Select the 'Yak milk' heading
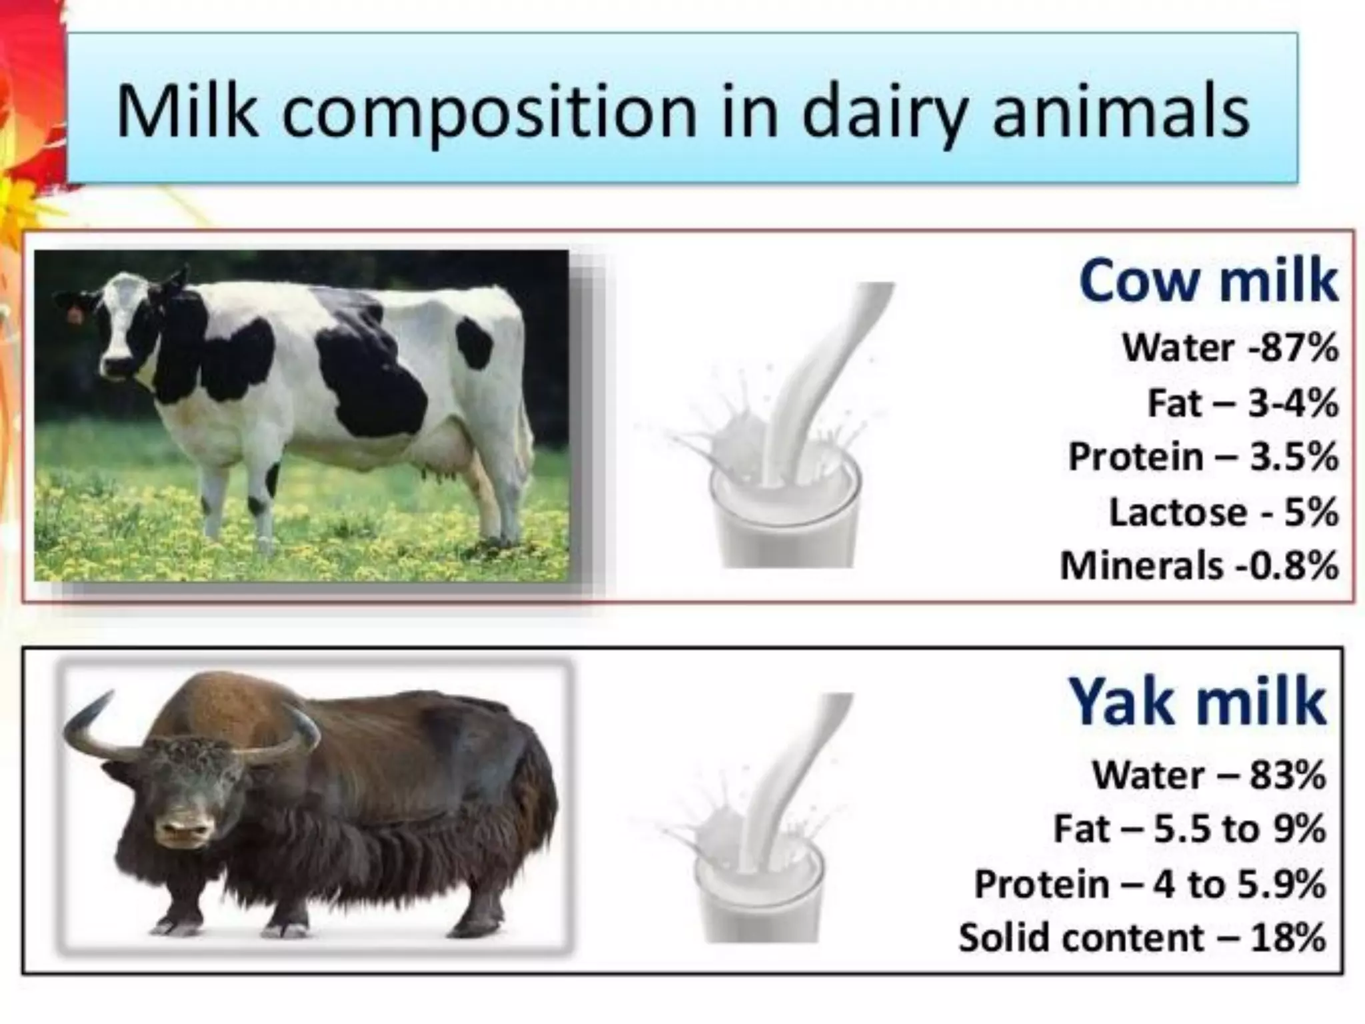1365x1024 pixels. pos(1197,702)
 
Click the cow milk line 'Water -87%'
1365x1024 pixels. pos(1230,348)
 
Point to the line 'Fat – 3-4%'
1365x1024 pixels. pos(1242,403)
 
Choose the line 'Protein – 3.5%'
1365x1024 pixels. pos(1203,457)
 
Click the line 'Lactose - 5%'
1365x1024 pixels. pos(1223,512)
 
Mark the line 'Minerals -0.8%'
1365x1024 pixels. pos(1198,566)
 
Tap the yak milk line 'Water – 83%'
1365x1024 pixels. pos(1208,775)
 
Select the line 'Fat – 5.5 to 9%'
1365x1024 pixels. pos(1189,829)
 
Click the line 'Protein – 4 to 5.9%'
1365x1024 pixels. pos(1150,884)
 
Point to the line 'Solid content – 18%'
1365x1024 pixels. pos(1142,938)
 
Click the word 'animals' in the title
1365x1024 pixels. pos(1120,113)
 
